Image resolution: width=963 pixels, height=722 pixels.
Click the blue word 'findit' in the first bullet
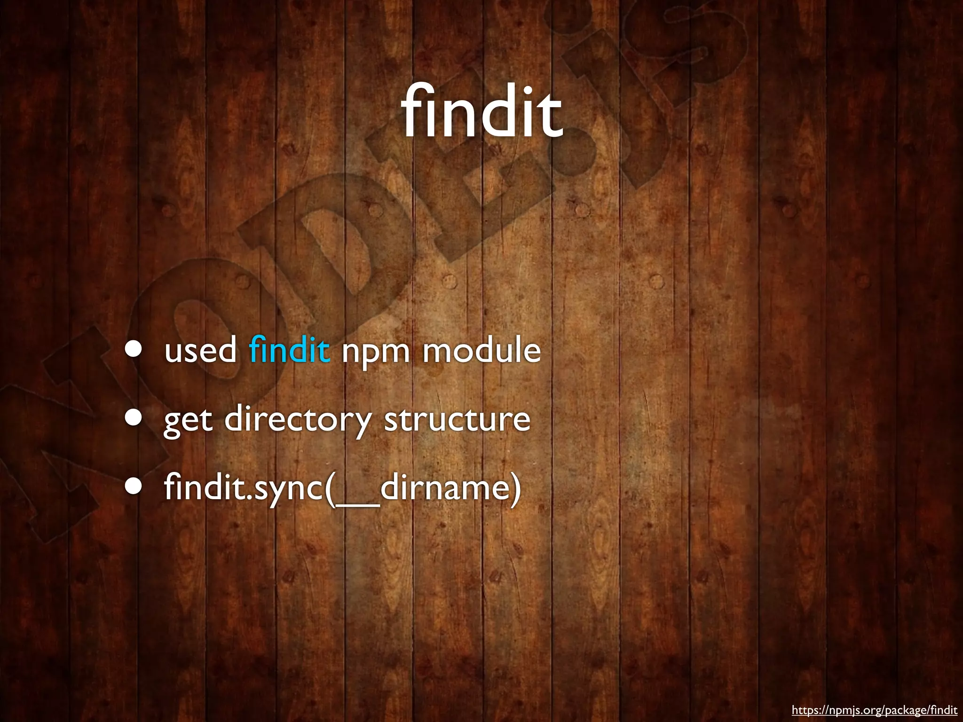click(x=289, y=350)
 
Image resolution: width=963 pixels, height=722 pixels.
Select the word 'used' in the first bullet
click(x=201, y=351)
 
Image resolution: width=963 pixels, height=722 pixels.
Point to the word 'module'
click(x=481, y=350)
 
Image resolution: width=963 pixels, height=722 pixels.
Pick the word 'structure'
click(x=457, y=419)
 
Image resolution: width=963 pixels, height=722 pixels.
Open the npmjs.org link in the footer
click(x=874, y=710)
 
